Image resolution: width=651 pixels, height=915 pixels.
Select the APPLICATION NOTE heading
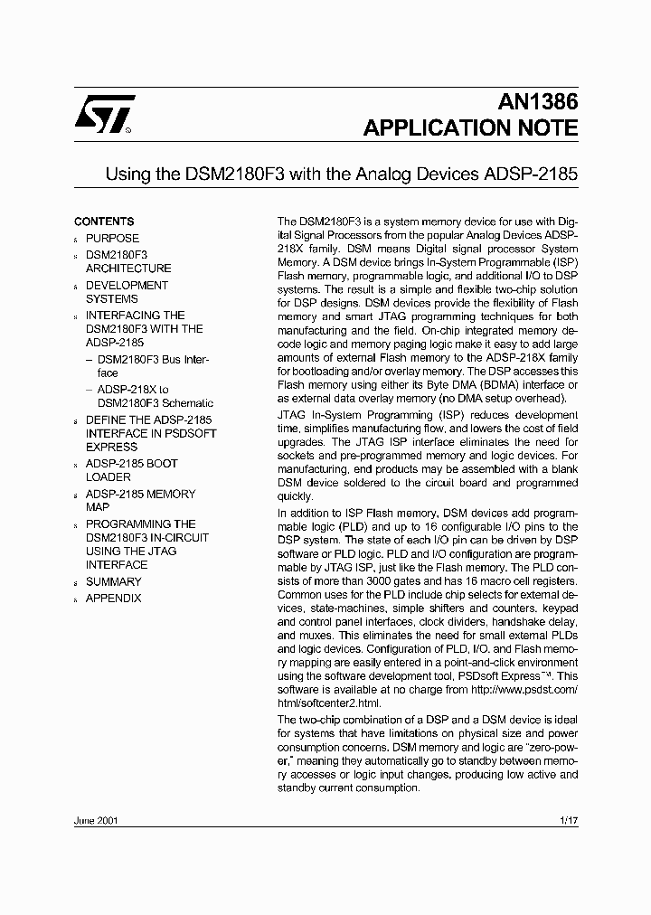(x=470, y=128)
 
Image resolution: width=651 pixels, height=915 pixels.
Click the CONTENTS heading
(x=104, y=222)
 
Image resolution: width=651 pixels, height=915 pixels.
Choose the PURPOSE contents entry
(x=113, y=238)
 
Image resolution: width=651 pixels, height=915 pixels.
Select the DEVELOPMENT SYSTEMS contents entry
(x=127, y=292)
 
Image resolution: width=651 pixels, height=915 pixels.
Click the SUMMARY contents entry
(x=113, y=582)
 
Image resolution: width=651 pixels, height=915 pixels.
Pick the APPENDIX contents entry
(x=113, y=599)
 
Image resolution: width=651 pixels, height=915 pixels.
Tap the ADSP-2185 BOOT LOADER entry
(x=131, y=470)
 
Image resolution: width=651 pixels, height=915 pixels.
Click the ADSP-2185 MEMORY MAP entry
(x=140, y=501)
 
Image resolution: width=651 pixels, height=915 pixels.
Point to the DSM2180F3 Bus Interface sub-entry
(x=152, y=366)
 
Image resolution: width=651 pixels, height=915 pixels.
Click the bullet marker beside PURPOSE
(x=76, y=240)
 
